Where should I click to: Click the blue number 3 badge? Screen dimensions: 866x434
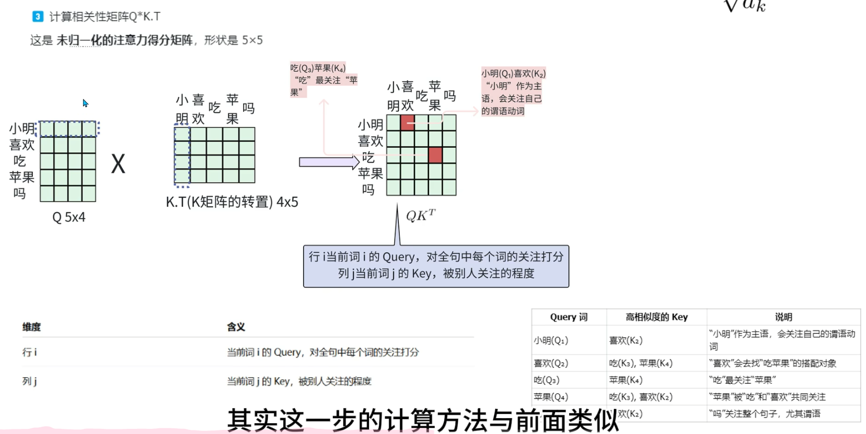(37, 16)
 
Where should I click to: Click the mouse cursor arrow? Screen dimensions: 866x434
(85, 103)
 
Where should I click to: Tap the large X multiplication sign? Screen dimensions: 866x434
(118, 164)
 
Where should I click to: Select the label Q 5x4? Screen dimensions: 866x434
(69, 217)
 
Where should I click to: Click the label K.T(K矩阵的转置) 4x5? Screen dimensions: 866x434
(232, 202)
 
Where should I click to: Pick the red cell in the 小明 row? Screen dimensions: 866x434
(408, 123)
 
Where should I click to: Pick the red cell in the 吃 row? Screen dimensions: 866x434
(435, 155)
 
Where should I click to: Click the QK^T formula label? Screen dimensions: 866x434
(420, 215)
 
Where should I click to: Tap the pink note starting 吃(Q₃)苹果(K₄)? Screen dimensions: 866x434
(324, 80)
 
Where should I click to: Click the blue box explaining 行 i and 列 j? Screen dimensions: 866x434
(436, 266)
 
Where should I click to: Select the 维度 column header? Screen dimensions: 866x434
(31, 327)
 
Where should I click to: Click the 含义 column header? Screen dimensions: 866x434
(236, 327)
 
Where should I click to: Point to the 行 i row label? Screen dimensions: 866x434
(30, 352)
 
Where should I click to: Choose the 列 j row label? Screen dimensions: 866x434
(30, 381)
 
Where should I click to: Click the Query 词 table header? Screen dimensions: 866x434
(569, 317)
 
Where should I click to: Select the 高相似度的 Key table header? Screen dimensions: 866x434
(656, 317)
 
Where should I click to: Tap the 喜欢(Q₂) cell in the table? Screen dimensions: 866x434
(551, 363)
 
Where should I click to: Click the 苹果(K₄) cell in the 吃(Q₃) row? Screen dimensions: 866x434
(626, 380)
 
